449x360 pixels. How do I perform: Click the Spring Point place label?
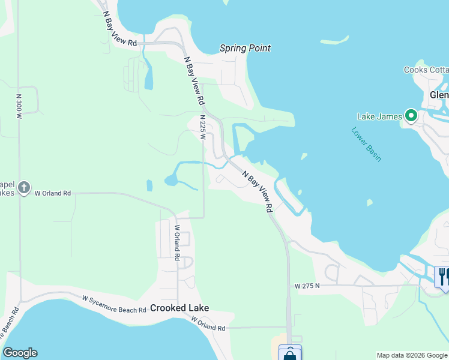pyautogui.click(x=245, y=48)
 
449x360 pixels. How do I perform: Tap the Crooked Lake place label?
pyautogui.click(x=179, y=308)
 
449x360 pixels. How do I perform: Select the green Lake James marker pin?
pyautogui.click(x=411, y=115)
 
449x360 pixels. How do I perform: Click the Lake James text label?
pyautogui.click(x=379, y=116)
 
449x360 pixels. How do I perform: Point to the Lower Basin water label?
pyautogui.click(x=366, y=144)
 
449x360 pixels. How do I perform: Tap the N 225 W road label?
pyautogui.click(x=203, y=127)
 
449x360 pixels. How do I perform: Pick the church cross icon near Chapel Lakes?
pyautogui.click(x=23, y=188)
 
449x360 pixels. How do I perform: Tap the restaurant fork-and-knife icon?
pyautogui.click(x=442, y=276)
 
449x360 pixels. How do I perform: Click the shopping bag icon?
pyautogui.click(x=291, y=354)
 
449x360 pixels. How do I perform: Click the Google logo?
pyautogui.click(x=20, y=353)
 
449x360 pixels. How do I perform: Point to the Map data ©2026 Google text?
pyautogui.click(x=411, y=355)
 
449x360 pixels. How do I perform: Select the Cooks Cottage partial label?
pyautogui.click(x=426, y=70)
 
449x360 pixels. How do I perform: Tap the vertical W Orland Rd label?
pyautogui.click(x=177, y=242)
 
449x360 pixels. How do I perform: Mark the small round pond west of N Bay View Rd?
pyautogui.click(x=172, y=180)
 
